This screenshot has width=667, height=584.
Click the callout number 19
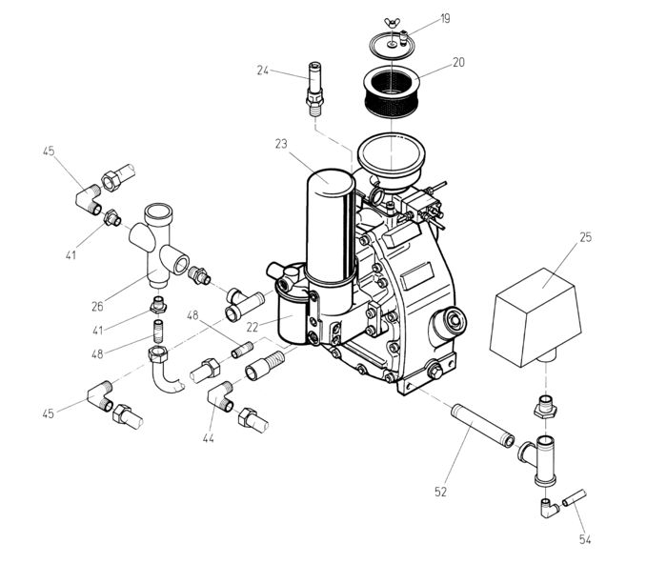click(446, 17)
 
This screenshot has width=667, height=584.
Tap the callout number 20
click(459, 63)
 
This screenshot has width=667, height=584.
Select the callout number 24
click(263, 69)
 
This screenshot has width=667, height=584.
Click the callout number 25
click(585, 236)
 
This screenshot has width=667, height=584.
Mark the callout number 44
click(207, 438)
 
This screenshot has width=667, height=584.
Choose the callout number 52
click(441, 492)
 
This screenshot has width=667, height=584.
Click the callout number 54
click(585, 540)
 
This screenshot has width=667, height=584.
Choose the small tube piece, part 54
click(574, 497)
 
